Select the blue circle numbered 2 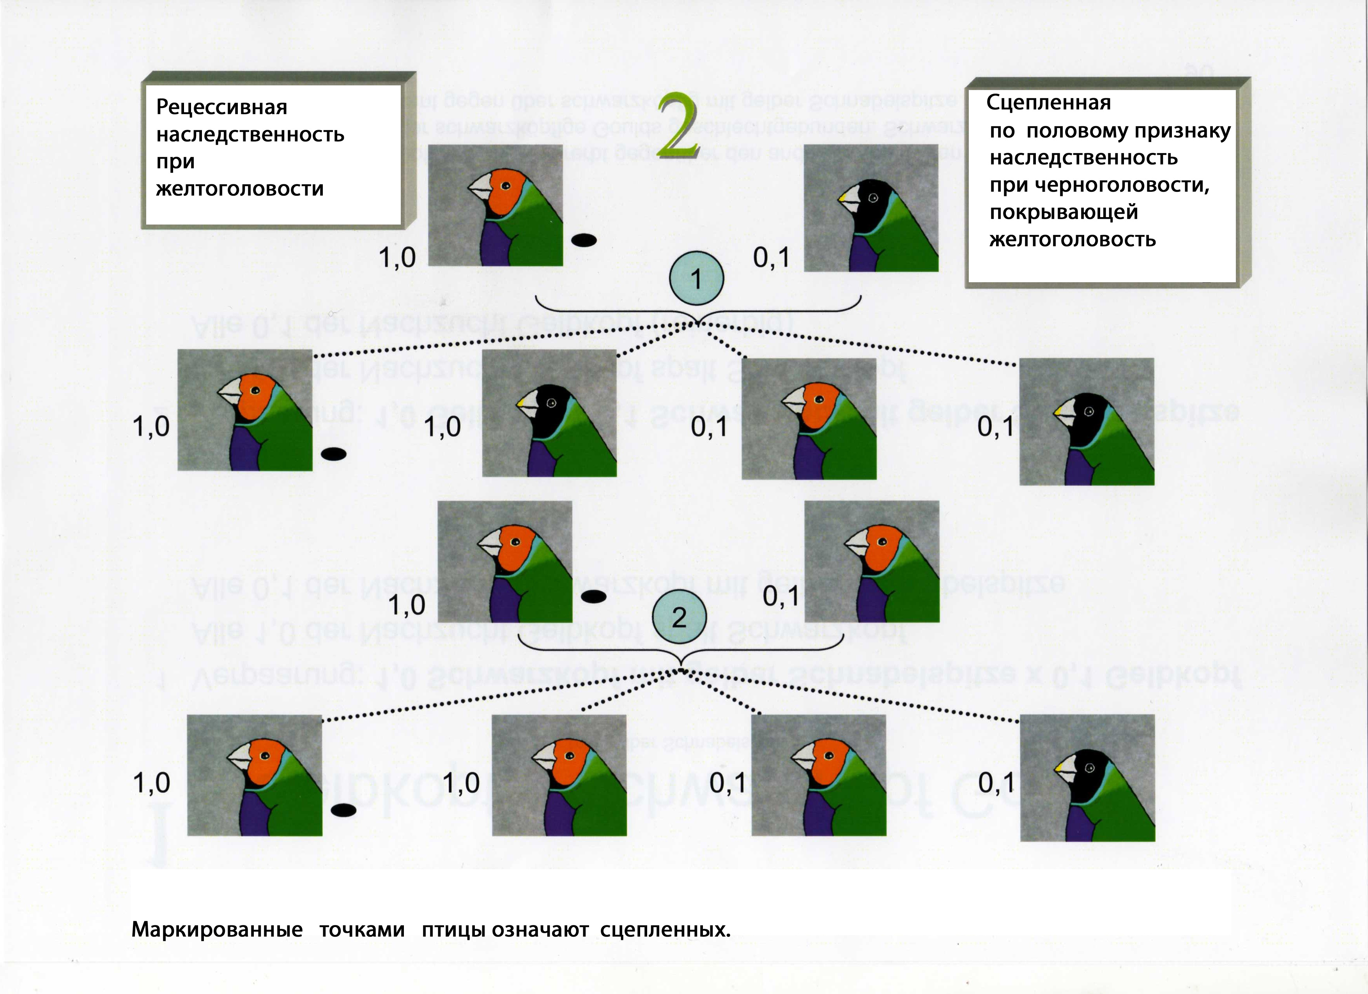pos(679,616)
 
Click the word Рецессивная pos(221,107)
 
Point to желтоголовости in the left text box pos(239,189)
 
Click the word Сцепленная pos(1048,103)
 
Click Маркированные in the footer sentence pos(217,929)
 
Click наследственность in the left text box pos(250,134)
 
